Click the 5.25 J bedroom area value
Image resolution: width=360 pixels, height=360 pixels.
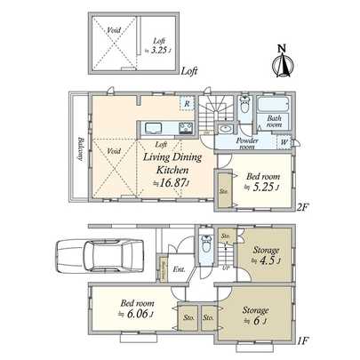tap(264, 187)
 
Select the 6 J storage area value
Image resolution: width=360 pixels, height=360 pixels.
tap(259, 322)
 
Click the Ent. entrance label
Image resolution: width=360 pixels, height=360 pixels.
tap(180, 269)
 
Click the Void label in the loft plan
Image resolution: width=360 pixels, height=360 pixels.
tap(114, 30)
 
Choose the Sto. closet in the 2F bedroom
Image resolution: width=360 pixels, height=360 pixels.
tap(223, 190)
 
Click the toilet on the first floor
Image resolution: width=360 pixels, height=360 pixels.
tap(205, 250)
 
